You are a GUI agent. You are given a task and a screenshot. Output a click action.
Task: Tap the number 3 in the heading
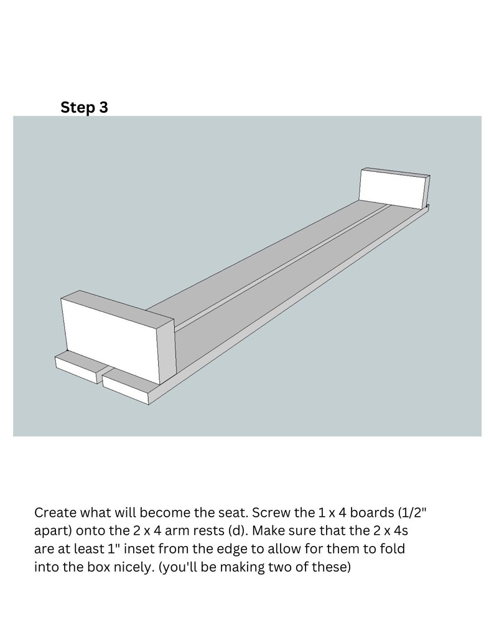[103, 108]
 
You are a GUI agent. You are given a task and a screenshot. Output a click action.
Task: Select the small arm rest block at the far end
[392, 190]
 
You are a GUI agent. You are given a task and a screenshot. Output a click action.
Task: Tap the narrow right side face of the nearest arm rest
[167, 352]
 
